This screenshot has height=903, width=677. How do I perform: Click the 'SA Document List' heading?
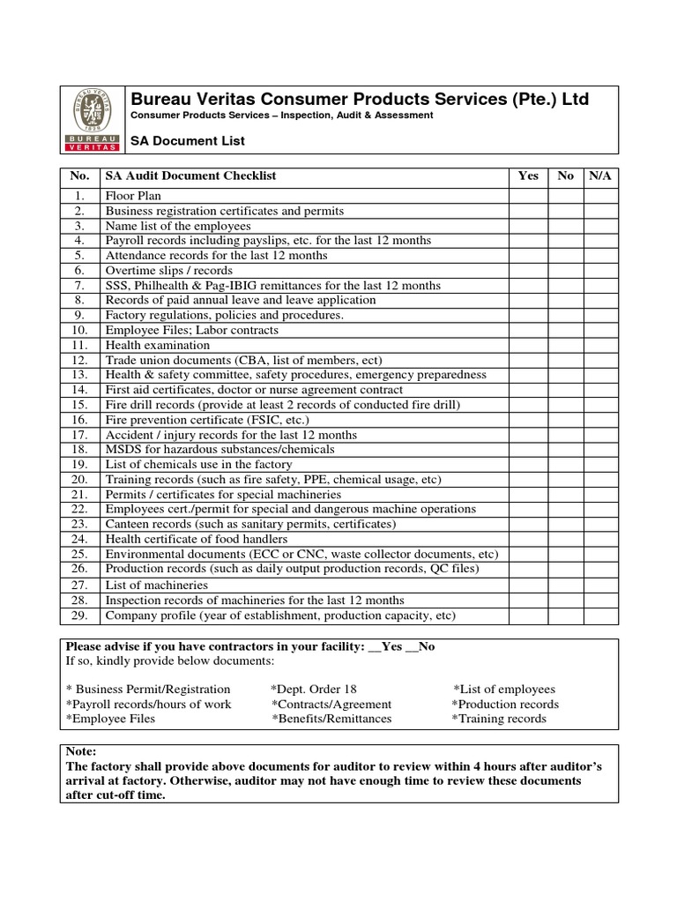[187, 141]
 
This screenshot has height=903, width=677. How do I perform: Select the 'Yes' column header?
[528, 175]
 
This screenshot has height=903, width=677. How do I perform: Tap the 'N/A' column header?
[600, 175]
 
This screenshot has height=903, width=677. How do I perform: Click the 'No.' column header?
[79, 175]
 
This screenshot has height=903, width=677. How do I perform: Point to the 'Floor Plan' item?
[133, 196]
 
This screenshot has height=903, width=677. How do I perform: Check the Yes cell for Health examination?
[528, 346]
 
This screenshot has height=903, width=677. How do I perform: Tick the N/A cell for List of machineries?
[600, 585]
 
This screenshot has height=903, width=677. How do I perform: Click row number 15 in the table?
[79, 405]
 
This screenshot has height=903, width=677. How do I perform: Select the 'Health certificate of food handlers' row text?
[196, 539]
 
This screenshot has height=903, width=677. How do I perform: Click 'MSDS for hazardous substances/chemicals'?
[219, 450]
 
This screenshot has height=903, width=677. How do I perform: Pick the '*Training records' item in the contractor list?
[499, 719]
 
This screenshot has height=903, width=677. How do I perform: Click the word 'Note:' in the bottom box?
[81, 751]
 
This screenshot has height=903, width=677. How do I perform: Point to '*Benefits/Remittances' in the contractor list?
[331, 719]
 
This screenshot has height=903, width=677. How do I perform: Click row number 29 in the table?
[79, 616]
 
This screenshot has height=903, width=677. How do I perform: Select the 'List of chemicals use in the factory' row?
[198, 465]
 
